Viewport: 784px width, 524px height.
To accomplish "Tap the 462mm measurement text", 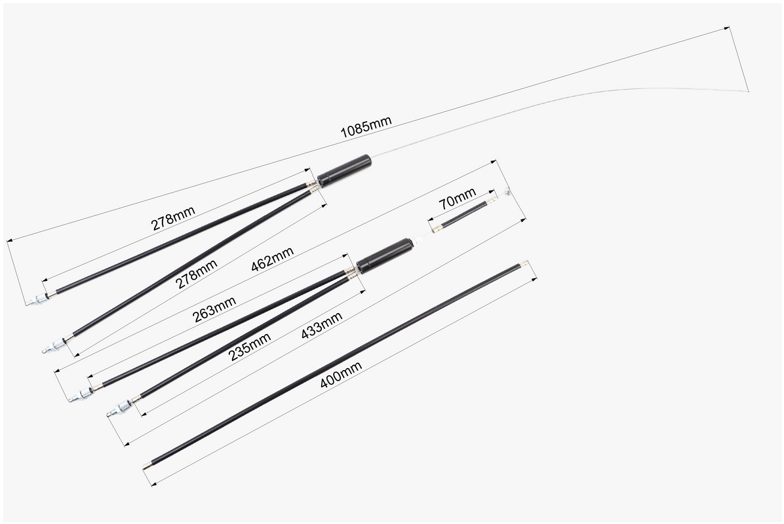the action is [272, 259].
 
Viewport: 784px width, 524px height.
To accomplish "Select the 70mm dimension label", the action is [457, 198].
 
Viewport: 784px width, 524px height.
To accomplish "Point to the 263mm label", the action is [214, 309].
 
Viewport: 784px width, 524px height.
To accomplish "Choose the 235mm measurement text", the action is [250, 346].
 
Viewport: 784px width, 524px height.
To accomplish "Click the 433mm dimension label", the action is [321, 325].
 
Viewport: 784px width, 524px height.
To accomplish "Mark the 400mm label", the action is [340, 375].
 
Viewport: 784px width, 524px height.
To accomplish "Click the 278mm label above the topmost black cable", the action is [173, 218].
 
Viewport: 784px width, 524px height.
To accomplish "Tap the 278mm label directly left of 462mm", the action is [197, 274].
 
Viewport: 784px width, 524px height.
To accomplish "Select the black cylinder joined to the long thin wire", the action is [344, 170].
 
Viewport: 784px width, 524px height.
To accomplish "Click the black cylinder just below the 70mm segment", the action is [383, 255].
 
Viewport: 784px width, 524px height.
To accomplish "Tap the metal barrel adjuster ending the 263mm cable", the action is [81, 396].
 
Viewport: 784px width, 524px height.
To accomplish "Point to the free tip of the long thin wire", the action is [748, 92].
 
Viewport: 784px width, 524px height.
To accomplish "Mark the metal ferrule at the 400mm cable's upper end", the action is [524, 262].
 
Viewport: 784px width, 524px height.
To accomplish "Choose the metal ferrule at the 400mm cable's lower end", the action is [146, 466].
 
